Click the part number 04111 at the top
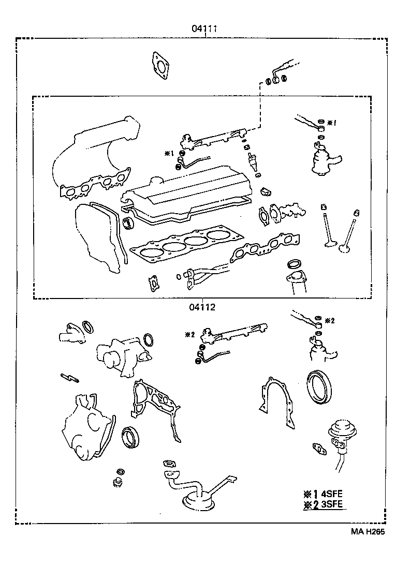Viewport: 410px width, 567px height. pyautogui.click(x=203, y=29)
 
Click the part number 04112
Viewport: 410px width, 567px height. pyautogui.click(x=202, y=307)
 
